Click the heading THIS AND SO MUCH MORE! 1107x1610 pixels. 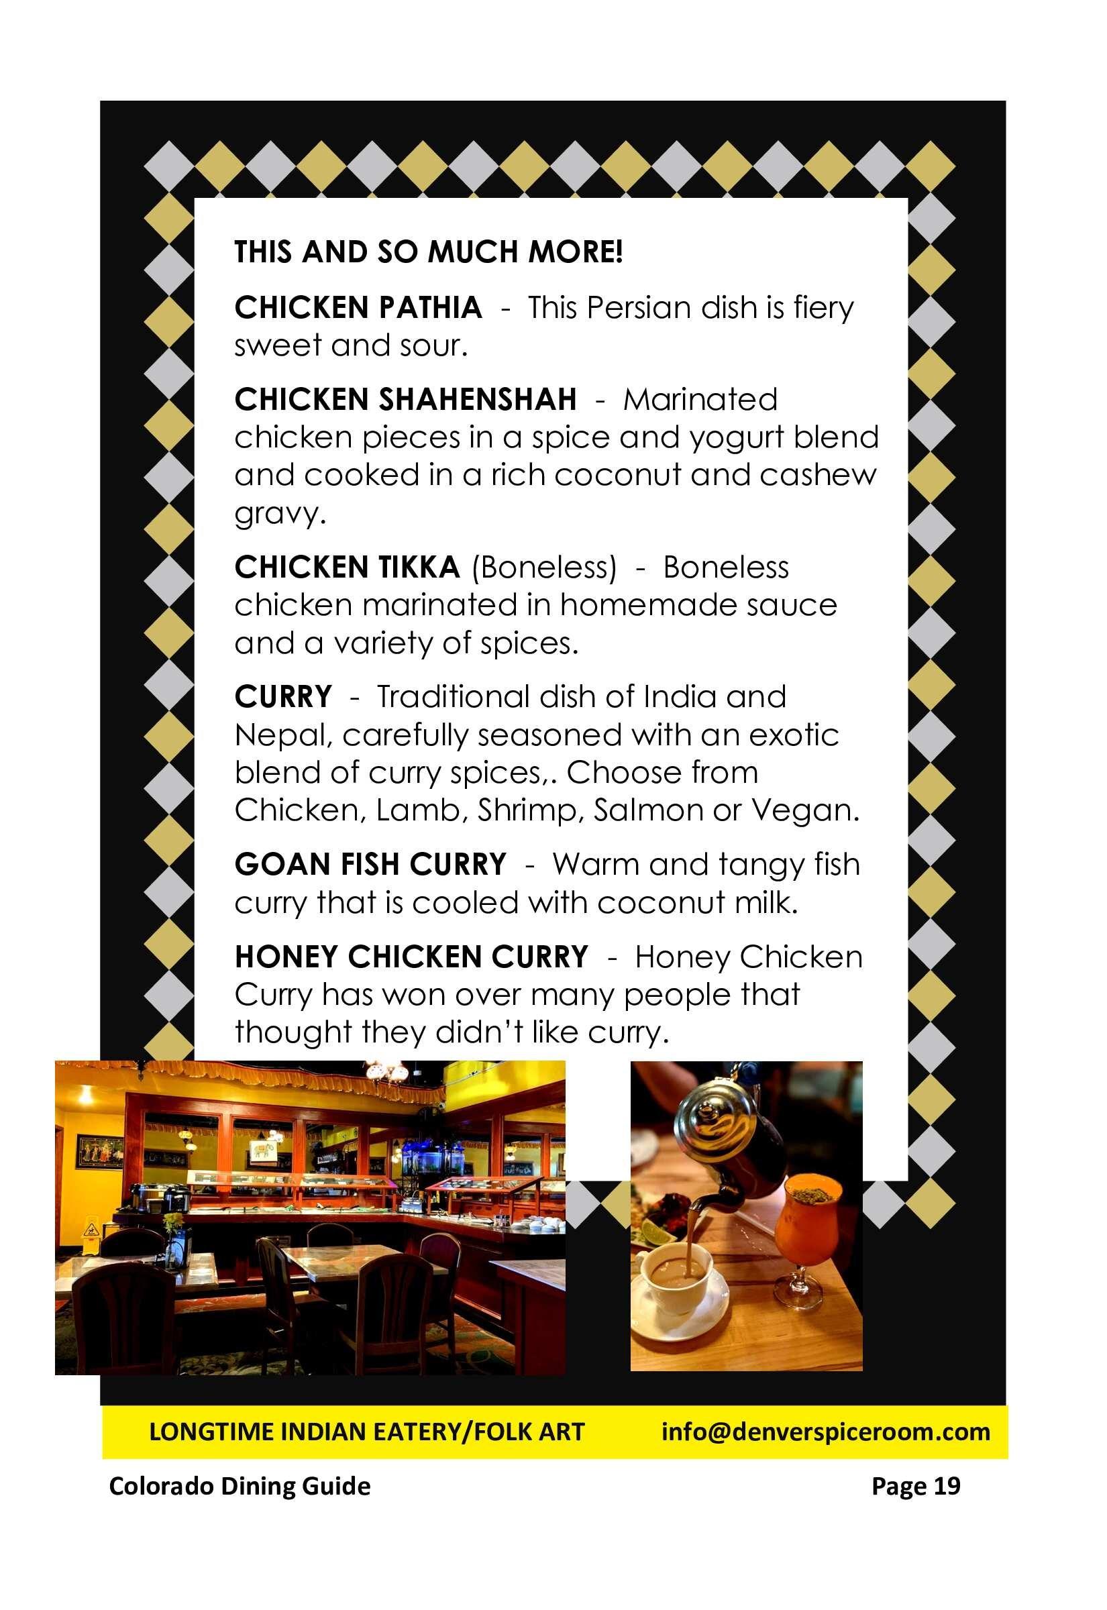point(429,252)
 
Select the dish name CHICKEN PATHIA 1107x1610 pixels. point(358,308)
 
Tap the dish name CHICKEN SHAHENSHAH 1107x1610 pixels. point(405,399)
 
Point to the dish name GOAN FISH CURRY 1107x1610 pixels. point(370,865)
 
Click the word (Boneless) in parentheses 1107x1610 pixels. point(544,568)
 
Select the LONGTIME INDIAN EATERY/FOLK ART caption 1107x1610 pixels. point(367,1432)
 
